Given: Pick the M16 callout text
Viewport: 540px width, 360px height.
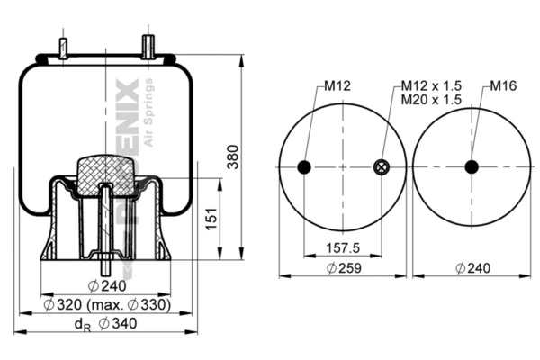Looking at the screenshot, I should click(503, 86).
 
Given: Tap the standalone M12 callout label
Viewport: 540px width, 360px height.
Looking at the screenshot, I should click(336, 86).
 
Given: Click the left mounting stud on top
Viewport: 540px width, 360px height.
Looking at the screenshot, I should click(63, 48).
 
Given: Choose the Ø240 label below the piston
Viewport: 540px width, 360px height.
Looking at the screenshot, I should click(107, 286).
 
